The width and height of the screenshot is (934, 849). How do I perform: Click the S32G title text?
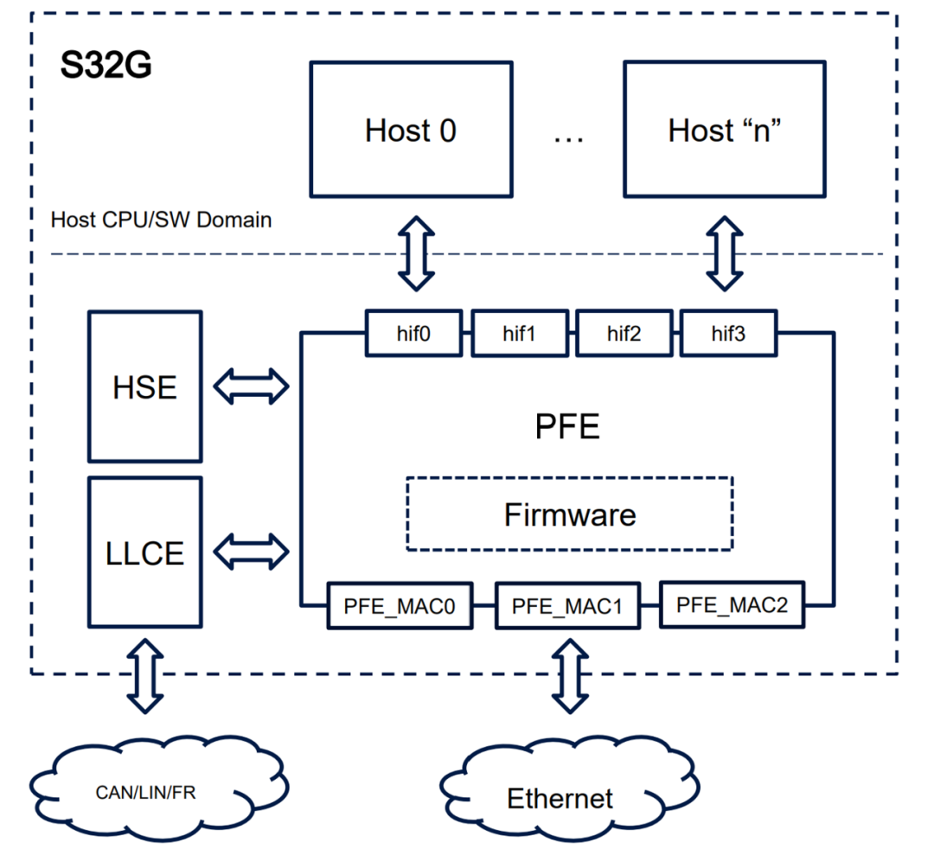(x=106, y=66)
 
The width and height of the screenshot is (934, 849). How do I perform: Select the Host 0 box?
(x=410, y=130)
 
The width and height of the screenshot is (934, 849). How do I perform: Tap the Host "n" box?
(x=724, y=130)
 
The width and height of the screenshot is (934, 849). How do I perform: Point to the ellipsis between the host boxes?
(x=568, y=134)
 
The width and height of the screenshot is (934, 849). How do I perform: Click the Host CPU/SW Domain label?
(x=161, y=220)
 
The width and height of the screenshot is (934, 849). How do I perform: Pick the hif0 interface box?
(x=413, y=333)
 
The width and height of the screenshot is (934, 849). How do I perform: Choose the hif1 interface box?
(x=519, y=334)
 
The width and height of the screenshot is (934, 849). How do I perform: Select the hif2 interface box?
(x=624, y=334)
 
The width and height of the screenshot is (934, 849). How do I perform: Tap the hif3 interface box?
(x=728, y=333)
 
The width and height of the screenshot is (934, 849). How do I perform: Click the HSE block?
(x=144, y=386)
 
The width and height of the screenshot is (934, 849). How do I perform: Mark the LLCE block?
(x=144, y=552)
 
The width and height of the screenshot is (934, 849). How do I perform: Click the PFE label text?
(x=567, y=427)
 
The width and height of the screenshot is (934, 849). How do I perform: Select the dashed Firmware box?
(x=569, y=514)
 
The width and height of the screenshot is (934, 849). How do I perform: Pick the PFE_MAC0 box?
(x=400, y=605)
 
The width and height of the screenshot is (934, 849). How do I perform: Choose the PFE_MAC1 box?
(x=566, y=606)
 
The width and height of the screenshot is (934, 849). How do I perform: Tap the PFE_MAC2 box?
(x=732, y=604)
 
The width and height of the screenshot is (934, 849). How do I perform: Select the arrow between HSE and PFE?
(x=251, y=386)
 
